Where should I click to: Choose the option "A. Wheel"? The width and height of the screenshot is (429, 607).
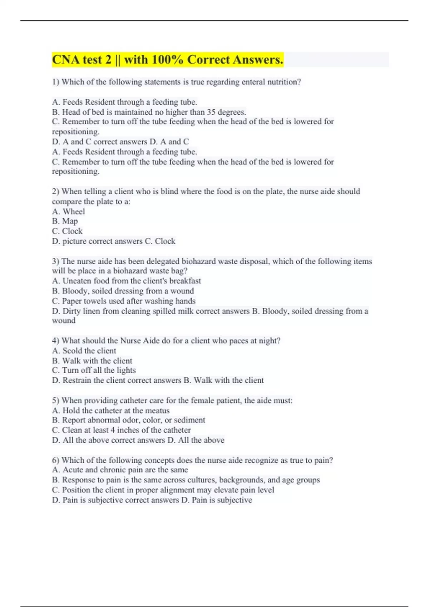coord(69,211)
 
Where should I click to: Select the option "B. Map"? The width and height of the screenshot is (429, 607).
coord(65,221)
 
